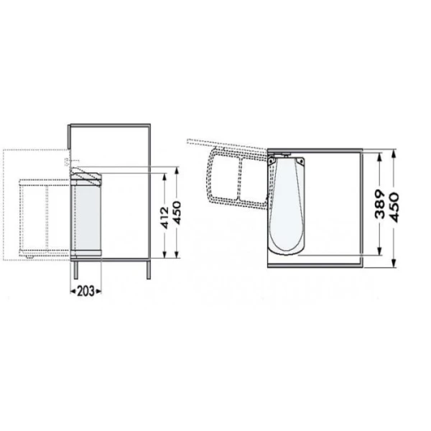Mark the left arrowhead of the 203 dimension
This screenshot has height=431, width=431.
pyautogui.click(x=72, y=290)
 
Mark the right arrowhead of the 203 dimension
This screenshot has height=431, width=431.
pyautogui.click(x=101, y=290)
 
